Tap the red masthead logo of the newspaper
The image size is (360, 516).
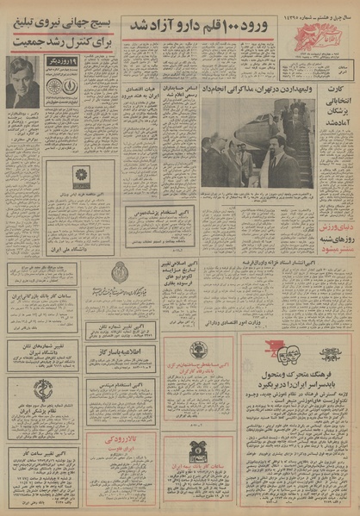328,22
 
